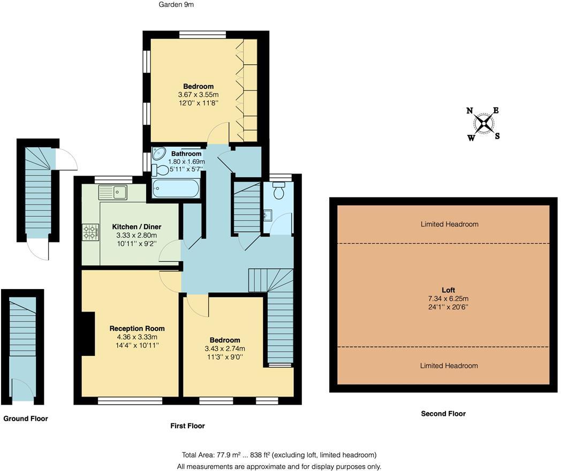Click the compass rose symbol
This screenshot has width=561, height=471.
click(483, 124)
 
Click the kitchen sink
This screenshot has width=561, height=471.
click(112, 191)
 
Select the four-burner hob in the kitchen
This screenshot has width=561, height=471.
click(90, 232)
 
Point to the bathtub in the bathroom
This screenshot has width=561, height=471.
click(176, 188)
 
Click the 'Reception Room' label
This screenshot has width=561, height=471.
click(137, 329)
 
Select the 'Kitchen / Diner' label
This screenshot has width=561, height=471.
click(137, 227)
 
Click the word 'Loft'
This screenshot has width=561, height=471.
click(449, 290)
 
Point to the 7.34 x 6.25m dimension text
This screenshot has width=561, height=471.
click(449, 299)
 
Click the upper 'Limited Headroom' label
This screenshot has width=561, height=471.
click(449, 224)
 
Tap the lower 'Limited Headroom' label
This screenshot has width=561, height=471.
click(449, 366)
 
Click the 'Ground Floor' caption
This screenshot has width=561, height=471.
click(26, 419)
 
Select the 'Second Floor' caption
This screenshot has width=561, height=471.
click(443, 414)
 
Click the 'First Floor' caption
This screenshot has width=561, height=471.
click(187, 426)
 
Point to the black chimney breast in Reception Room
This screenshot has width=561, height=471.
click(86, 333)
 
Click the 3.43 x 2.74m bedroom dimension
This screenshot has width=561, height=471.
click(225, 348)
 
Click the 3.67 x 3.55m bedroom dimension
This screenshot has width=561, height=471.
click(198, 95)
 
